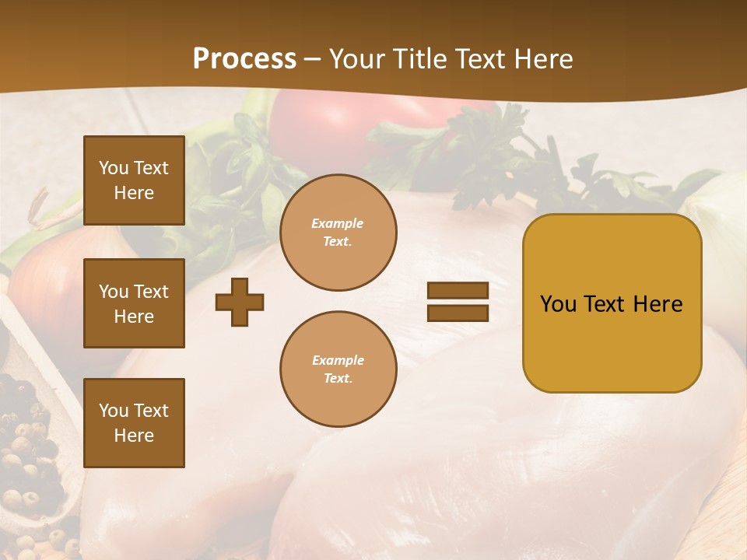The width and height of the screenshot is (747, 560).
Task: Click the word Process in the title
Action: point(244,59)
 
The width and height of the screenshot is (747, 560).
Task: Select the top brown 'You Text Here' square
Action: point(134,180)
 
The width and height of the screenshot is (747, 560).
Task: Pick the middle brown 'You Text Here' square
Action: point(134,303)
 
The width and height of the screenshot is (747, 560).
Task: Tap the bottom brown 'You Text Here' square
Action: point(134,422)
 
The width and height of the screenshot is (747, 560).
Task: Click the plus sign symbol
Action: point(240,302)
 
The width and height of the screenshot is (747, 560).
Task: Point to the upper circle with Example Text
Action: point(338,233)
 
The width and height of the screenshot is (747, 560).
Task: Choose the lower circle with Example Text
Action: point(338,369)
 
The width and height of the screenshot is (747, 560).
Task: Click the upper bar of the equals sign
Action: point(458,291)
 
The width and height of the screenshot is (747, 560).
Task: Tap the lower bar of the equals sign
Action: point(458,313)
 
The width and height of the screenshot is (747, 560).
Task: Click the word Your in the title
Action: point(359,59)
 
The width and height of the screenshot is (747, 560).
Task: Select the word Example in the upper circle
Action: point(338,223)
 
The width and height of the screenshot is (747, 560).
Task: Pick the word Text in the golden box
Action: point(605,304)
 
